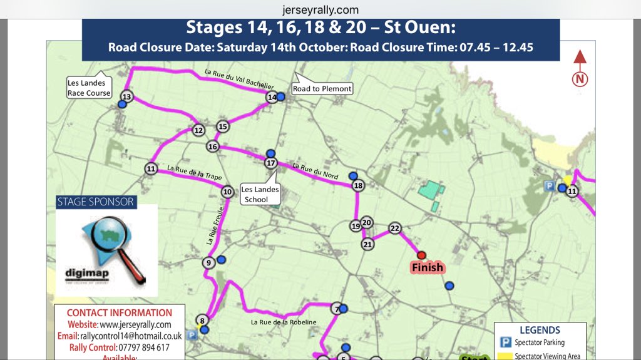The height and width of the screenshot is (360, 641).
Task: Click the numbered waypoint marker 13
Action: (x=127, y=96)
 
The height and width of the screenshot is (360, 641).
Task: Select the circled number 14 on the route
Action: (x=272, y=97)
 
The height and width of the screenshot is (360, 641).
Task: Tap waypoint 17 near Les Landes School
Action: (x=270, y=163)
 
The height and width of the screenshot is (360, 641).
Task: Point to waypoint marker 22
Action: (x=394, y=228)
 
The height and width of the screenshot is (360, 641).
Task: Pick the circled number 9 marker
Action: (x=208, y=263)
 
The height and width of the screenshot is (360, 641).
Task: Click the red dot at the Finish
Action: (x=421, y=255)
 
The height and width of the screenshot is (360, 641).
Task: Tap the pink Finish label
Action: (x=427, y=268)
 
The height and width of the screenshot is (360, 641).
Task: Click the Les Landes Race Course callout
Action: (x=89, y=88)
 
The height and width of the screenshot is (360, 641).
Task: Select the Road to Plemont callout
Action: (x=322, y=89)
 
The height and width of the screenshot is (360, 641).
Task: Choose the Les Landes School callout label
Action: (x=260, y=195)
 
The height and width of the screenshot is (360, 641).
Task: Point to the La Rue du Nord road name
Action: (x=315, y=171)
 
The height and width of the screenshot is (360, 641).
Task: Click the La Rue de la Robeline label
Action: (x=284, y=322)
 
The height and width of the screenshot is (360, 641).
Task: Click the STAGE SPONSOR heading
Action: (x=96, y=202)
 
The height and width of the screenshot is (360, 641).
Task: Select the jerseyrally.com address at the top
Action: (x=320, y=9)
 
